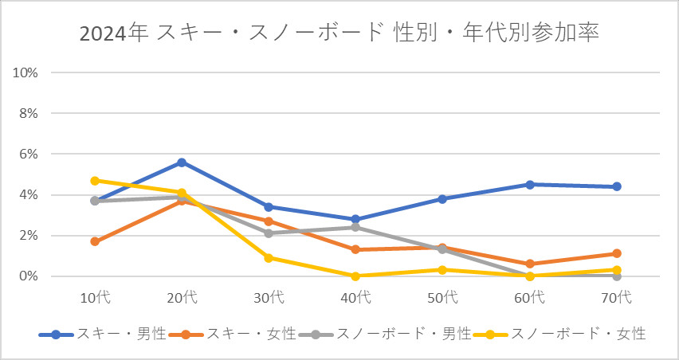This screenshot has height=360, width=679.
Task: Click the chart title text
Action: pos(339,33)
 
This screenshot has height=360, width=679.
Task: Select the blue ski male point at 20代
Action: pos(182,162)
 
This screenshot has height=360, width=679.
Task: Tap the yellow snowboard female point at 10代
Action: pos(95,181)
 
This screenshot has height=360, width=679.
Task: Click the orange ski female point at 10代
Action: pos(95,241)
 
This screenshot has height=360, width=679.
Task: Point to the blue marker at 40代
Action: pos(355,219)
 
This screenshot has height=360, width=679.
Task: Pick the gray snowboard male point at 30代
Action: pos(269,233)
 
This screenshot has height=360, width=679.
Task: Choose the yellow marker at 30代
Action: pos(269,258)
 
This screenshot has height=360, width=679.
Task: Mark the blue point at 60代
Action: pos(530,185)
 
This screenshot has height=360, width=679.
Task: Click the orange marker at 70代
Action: pos(617,254)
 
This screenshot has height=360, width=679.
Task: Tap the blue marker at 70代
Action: pos(617,186)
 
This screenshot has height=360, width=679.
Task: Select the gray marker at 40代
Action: pos(355,227)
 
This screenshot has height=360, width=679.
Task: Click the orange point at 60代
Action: pos(530,264)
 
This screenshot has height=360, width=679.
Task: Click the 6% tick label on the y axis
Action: pos(29,154)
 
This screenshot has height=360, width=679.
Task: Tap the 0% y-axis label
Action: pos(29,276)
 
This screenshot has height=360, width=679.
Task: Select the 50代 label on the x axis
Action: pos(443,298)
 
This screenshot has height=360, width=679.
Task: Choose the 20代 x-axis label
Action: pos(182,298)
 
